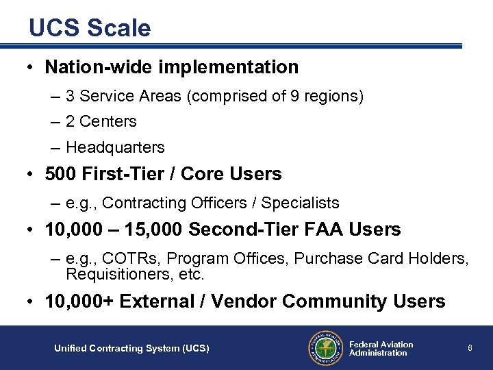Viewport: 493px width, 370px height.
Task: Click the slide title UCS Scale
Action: tap(90, 28)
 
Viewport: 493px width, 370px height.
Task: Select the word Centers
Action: tap(108, 122)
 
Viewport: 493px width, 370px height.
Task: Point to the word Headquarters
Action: tap(115, 147)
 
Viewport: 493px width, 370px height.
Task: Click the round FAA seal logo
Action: tap(325, 348)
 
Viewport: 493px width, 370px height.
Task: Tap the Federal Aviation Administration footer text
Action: tap(381, 349)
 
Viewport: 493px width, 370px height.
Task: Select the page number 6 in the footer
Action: tap(470, 348)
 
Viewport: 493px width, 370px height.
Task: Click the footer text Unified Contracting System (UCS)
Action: tap(131, 349)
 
